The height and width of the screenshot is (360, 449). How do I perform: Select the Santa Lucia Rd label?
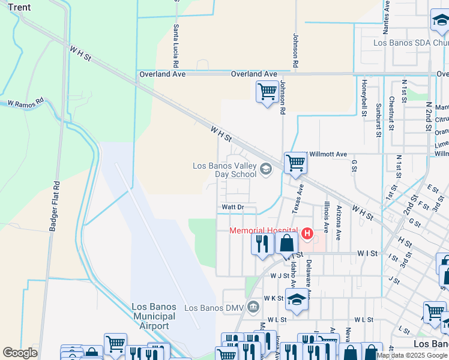point(176,46)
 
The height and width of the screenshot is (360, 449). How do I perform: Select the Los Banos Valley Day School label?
point(224,170)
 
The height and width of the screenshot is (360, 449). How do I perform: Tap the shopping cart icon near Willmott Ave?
point(295,162)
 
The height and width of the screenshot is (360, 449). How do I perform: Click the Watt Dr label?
point(232,207)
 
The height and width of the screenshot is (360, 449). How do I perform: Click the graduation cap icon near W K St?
point(297,299)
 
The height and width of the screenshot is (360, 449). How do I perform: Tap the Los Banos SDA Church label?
point(411,43)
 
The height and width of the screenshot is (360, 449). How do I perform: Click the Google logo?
point(20,353)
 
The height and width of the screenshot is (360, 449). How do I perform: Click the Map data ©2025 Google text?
point(412,355)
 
